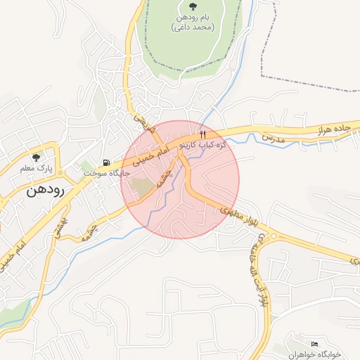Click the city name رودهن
tap(46, 190)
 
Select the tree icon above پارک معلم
tap(36, 157)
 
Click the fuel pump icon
tap(106, 162)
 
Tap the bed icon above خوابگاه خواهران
tap(314, 342)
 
